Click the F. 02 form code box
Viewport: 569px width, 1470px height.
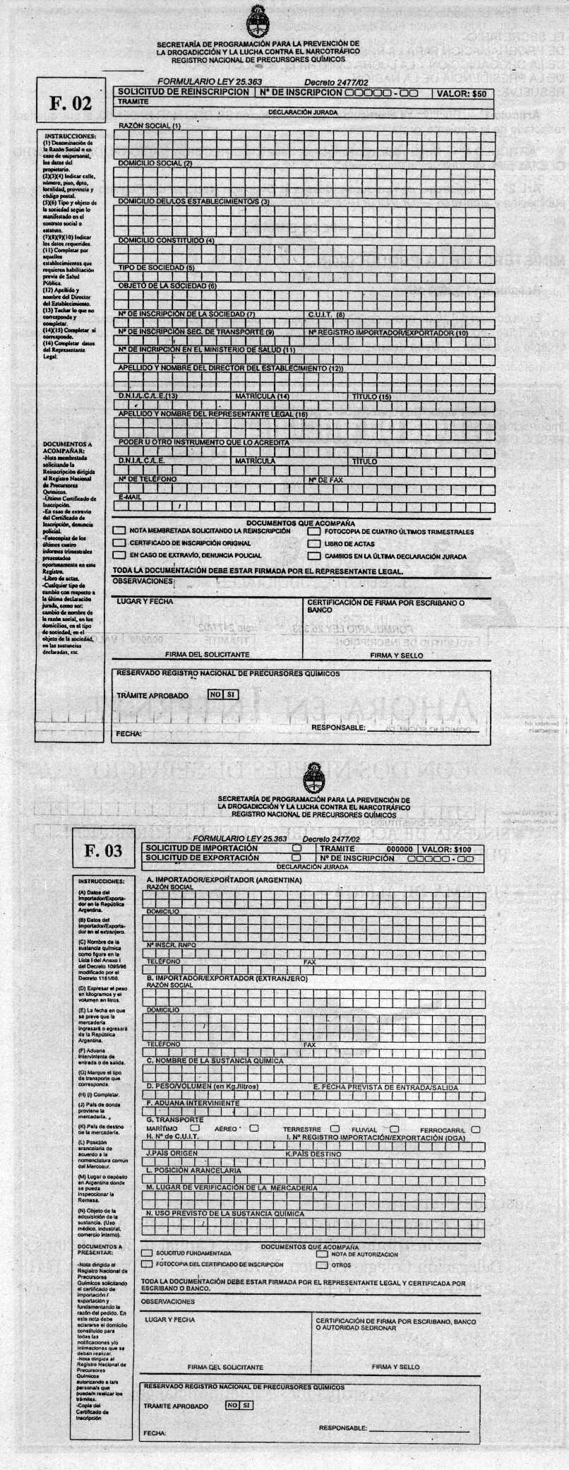pyautogui.click(x=71, y=103)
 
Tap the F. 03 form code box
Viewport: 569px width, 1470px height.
pyautogui.click(x=103, y=850)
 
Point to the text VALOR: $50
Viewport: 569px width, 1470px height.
pyautogui.click(x=461, y=93)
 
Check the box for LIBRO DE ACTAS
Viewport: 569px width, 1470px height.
pyautogui.click(x=313, y=544)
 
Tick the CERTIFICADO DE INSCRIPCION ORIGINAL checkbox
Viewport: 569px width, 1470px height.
pyautogui.click(x=120, y=544)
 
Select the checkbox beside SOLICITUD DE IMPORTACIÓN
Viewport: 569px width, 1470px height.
pyautogui.click(x=297, y=848)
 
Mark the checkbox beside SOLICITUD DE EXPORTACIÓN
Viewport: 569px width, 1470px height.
pyautogui.click(x=297, y=858)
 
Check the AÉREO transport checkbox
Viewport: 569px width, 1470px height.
pyautogui.click(x=254, y=1128)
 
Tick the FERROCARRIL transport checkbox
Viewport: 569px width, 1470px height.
pyautogui.click(x=476, y=1129)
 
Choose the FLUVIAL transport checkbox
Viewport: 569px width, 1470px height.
pyautogui.click(x=395, y=1129)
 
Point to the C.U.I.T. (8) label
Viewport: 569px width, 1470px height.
pyautogui.click(x=326, y=314)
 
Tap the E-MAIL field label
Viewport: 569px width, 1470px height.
pyautogui.click(x=131, y=497)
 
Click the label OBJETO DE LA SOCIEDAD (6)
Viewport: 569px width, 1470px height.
pyautogui.click(x=167, y=286)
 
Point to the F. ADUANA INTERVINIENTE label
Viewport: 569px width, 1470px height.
pyautogui.click(x=193, y=1103)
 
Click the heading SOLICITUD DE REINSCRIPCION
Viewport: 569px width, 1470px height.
pyautogui.click(x=183, y=92)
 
